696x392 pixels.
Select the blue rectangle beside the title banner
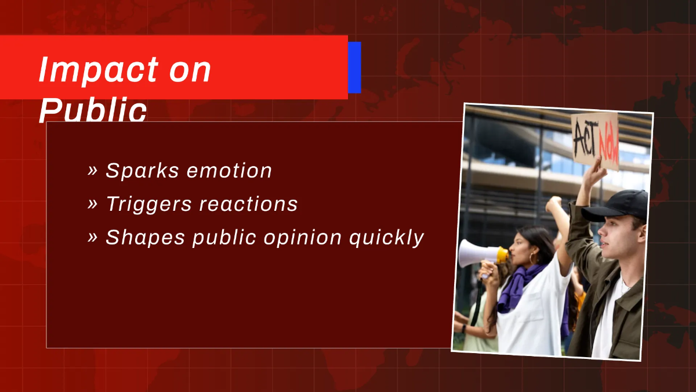354,67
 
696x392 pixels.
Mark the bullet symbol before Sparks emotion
92,171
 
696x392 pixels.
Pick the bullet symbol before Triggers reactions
92,204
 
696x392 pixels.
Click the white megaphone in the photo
478,254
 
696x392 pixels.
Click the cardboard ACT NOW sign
594,140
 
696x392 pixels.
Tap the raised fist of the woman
554,204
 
